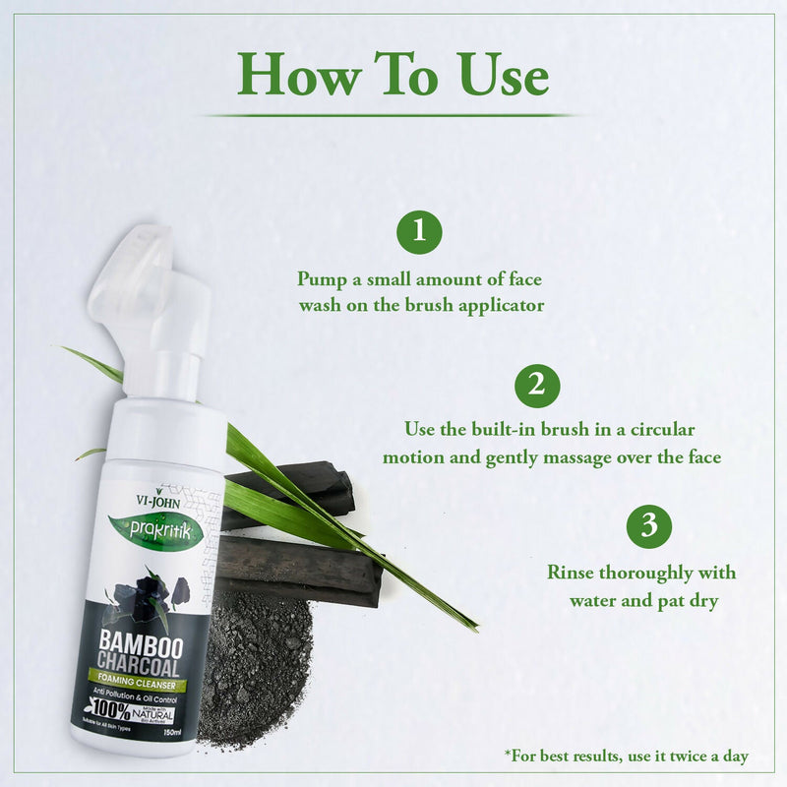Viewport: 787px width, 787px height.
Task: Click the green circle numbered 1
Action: tap(419, 232)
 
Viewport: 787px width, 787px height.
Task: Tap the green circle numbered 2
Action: tap(536, 385)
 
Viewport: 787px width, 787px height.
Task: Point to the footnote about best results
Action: tap(627, 757)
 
